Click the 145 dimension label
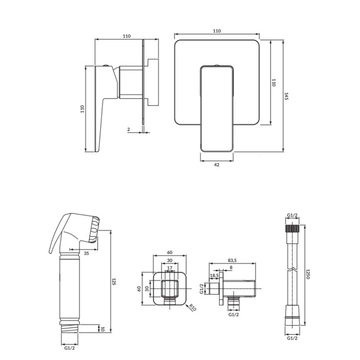pos(286,96)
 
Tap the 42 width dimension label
pos(216,164)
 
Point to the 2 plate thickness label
pos(128,129)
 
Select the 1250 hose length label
pos(308,274)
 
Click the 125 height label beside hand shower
pos(113,281)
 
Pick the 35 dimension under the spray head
pos(86,253)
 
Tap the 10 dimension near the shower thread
pos(102,329)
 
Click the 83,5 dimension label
pos(232,260)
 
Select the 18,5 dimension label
pos(214,275)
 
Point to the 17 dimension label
pos(169,267)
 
